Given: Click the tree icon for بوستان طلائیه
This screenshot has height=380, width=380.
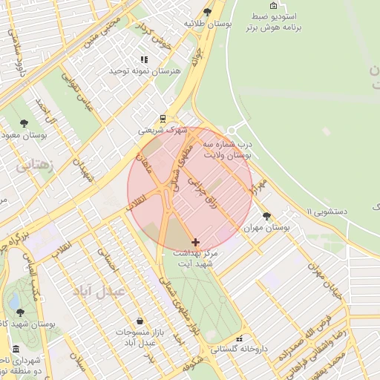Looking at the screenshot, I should (x=207, y=13).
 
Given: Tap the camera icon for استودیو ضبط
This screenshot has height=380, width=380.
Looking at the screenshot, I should (x=273, y=5).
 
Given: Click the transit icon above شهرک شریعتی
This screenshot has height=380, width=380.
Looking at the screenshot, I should (x=163, y=118).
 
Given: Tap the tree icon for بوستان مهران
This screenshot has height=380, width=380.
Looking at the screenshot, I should (x=267, y=216).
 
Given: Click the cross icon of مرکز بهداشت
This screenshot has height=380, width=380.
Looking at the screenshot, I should (x=195, y=242).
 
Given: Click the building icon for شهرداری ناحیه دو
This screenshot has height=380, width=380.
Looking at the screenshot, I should (x=16, y=349).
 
